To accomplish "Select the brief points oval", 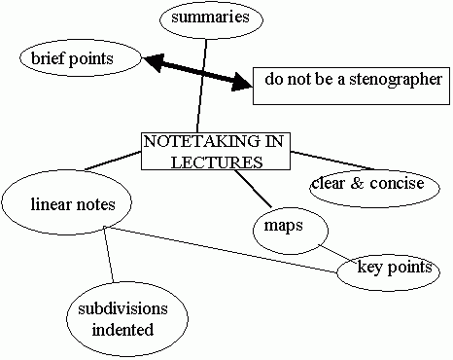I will click(80, 58).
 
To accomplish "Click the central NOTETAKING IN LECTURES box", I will click(215, 151).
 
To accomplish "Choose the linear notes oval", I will click(72, 203).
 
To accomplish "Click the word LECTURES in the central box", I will click(215, 162).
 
